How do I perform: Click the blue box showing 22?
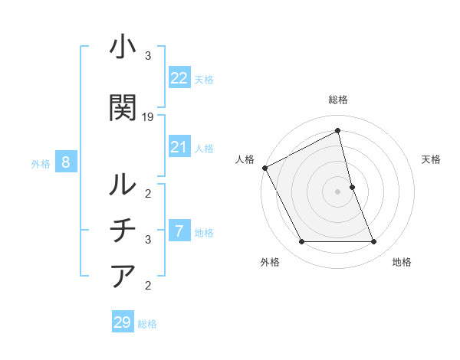point(179,78)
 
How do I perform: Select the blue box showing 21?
point(179,147)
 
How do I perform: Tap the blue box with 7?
point(179,231)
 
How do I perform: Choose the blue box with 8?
point(66,162)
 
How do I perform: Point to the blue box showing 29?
point(122,322)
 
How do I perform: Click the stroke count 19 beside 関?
point(148,116)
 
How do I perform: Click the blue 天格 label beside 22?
point(204,79)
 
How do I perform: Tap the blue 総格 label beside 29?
point(147,324)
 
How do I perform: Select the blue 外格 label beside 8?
point(41,163)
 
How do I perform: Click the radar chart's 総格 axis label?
point(338,100)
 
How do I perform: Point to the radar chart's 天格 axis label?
point(432,159)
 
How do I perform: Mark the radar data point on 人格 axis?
point(264,168)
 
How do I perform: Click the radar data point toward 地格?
point(373,242)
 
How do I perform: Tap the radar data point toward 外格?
point(301,242)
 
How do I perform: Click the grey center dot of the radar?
point(337,191)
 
